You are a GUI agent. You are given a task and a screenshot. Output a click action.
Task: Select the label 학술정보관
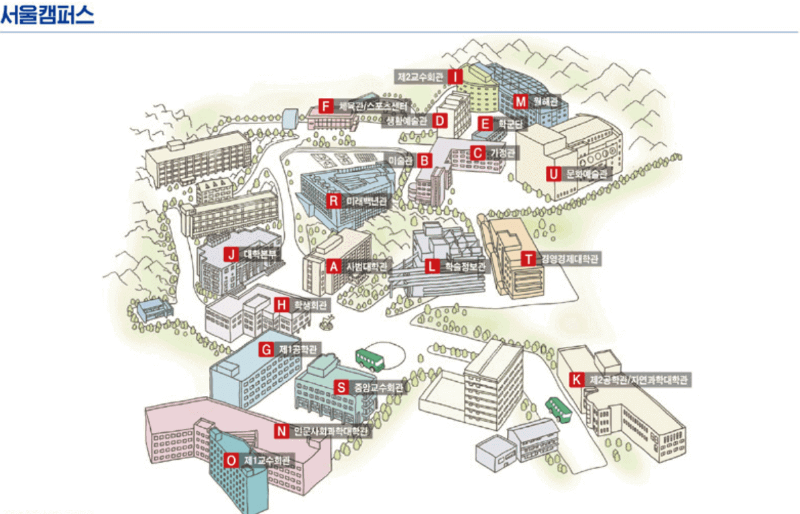[x=463, y=266]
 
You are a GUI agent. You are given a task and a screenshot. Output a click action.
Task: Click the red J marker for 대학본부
[x=231, y=254]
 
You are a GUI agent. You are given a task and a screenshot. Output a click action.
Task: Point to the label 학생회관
[x=312, y=305]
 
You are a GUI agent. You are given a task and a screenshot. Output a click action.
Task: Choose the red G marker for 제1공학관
[x=266, y=349]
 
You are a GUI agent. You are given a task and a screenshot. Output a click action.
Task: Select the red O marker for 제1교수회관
[x=231, y=460]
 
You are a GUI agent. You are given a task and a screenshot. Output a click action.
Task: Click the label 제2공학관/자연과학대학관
[x=639, y=380]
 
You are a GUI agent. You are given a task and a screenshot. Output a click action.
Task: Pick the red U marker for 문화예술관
[x=553, y=174]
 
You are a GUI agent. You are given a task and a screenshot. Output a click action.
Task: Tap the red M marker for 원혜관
[x=521, y=101]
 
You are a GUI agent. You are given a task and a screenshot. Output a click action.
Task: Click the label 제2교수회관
[x=420, y=76]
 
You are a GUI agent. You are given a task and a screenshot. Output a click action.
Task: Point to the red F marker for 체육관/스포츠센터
[x=326, y=106]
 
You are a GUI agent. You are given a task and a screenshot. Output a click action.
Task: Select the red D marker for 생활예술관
[x=440, y=121]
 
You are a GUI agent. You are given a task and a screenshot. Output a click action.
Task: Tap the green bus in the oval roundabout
[x=369, y=359]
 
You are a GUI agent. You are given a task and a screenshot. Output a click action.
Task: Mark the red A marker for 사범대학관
[x=333, y=266]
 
